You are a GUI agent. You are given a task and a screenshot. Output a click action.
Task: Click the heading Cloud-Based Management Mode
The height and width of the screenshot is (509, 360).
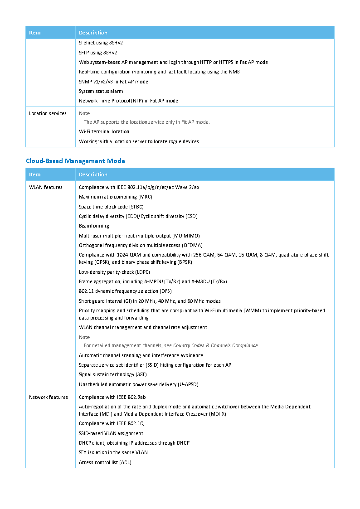coord(75,161)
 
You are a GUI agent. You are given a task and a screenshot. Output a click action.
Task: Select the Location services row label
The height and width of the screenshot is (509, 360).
coord(48,113)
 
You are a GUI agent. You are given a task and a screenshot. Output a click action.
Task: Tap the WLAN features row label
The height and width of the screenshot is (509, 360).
coord(46,187)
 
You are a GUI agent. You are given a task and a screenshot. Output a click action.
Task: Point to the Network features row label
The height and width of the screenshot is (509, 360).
coord(49,397)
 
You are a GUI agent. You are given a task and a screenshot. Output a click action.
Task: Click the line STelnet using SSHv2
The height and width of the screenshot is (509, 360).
coord(101,43)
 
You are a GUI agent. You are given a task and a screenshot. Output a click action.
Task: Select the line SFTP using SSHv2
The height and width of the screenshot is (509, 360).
coord(97,53)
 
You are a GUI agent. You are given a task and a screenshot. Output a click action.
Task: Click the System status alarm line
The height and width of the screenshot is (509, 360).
coord(101,91)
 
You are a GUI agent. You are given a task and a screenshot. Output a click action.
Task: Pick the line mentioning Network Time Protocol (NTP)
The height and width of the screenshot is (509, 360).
coord(128,101)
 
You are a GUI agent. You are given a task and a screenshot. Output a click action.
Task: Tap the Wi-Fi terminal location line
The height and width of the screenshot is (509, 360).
coord(104,131)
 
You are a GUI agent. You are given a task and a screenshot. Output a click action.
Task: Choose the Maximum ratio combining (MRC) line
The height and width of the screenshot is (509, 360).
coord(115,197)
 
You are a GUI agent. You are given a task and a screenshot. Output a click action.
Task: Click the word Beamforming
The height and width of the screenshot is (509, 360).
coord(94,226)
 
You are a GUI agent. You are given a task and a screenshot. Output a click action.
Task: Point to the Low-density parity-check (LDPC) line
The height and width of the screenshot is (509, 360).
coord(114,272)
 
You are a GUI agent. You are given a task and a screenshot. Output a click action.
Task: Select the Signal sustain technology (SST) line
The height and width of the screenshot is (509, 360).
coord(112,374)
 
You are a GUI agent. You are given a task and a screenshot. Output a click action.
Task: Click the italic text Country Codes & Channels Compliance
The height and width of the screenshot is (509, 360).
coord(215,345)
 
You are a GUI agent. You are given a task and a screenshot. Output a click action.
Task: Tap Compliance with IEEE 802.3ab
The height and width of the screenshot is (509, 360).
coord(112,397)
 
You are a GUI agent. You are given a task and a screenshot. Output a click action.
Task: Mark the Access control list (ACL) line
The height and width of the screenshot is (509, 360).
coord(105,462)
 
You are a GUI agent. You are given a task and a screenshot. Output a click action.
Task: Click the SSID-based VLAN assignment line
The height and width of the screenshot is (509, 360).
coord(111,433)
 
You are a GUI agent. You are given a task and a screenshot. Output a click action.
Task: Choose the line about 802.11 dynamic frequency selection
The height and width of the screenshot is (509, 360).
coord(125,291)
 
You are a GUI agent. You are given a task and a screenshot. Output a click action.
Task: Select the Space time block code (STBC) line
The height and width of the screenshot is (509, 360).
coord(111,207)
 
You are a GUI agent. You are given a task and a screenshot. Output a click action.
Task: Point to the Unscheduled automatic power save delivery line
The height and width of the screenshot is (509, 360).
coord(138,384)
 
